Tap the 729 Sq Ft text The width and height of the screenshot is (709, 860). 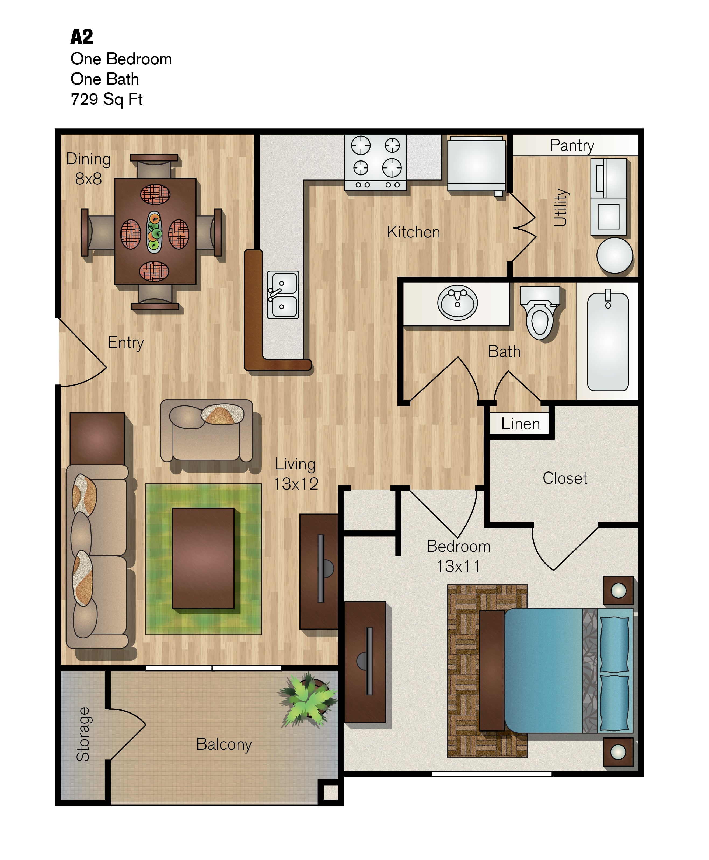[x=107, y=99]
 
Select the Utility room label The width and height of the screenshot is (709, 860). [x=561, y=207]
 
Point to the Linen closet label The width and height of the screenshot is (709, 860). [x=521, y=424]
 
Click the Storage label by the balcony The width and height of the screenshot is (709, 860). [x=83, y=734]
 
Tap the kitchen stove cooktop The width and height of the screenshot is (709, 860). [x=375, y=162]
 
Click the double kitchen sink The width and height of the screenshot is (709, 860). [x=283, y=294]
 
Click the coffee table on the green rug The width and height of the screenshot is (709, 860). [x=203, y=558]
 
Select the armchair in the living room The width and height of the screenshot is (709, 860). [x=206, y=431]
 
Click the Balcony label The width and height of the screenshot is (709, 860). [x=224, y=744]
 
